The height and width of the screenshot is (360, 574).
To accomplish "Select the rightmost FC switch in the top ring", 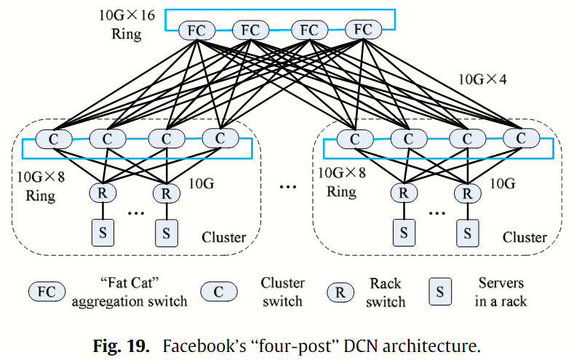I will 363,31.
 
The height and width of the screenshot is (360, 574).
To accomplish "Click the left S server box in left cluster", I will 103,233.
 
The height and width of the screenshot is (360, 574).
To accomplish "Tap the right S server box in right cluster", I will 468,233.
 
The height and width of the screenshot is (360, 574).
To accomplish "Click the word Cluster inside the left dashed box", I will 224,237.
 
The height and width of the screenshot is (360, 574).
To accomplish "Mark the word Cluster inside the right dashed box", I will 525,237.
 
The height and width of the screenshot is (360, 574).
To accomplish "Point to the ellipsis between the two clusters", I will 288,187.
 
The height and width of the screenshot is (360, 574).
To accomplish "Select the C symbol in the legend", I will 218,292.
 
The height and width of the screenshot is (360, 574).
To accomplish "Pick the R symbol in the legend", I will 340,292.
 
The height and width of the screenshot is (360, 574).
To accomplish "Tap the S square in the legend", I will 439,292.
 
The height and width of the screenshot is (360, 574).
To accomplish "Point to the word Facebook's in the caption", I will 194,342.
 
